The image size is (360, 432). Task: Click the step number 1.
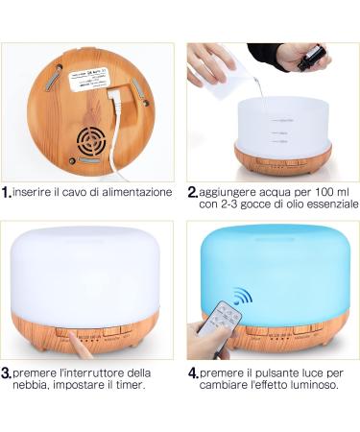(8, 192)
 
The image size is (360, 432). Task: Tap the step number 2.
(193, 192)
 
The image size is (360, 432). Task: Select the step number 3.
(7, 373)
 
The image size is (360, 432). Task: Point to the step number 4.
(193, 372)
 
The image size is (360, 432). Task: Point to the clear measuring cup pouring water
(228, 82)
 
